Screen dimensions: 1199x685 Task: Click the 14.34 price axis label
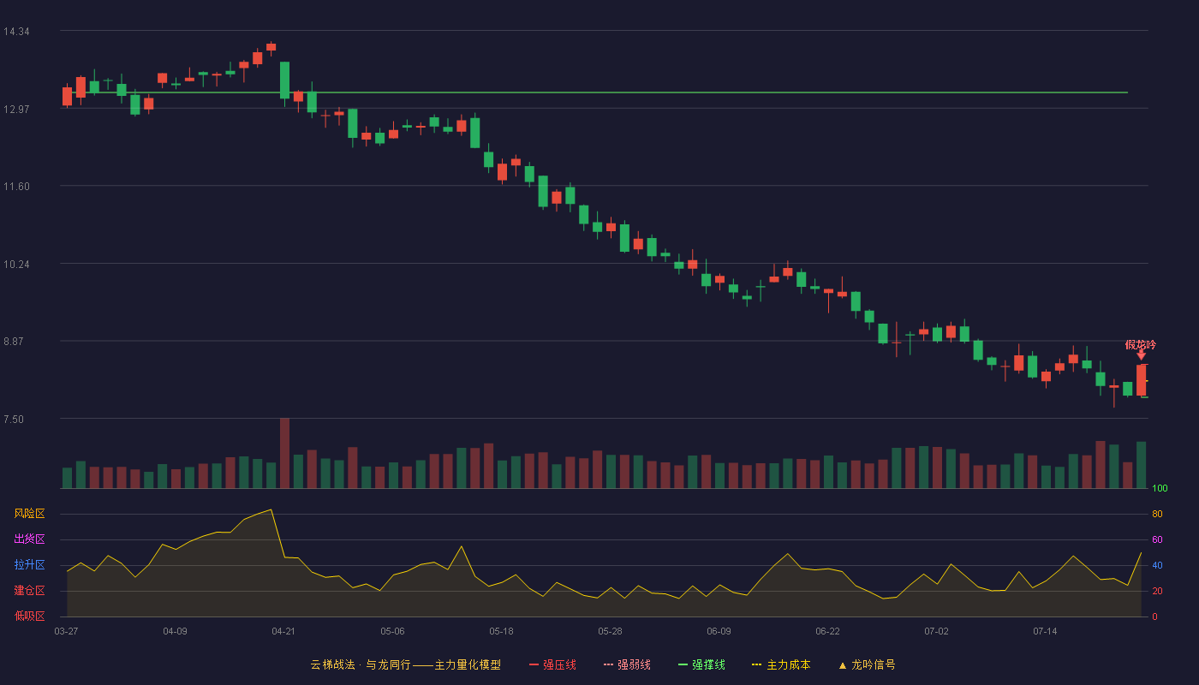coord(16,32)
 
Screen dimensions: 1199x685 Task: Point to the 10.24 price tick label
coord(16,265)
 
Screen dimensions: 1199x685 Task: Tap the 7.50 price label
coord(14,420)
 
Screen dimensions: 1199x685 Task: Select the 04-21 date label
coord(283,632)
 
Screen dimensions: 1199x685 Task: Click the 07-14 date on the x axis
coord(1045,632)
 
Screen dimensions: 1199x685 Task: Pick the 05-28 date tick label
coord(610,632)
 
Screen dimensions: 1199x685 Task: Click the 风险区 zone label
coord(29,514)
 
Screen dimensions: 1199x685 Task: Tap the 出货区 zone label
coord(29,539)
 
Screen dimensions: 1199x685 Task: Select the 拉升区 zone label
coord(29,564)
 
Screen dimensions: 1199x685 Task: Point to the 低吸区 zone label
coord(29,616)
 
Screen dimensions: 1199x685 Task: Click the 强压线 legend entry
coord(553,664)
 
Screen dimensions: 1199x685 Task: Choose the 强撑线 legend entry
coord(701,664)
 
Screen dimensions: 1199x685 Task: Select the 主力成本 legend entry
coord(781,664)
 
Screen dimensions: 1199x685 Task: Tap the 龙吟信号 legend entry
coord(867,664)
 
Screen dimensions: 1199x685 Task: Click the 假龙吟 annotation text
coord(1140,344)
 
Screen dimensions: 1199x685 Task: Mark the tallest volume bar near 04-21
coord(284,453)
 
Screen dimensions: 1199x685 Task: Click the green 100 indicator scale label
coord(1160,488)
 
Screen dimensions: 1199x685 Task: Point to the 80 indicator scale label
coord(1157,514)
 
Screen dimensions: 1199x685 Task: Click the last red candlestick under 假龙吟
coord(1141,380)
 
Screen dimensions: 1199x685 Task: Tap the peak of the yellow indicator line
coord(271,509)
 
